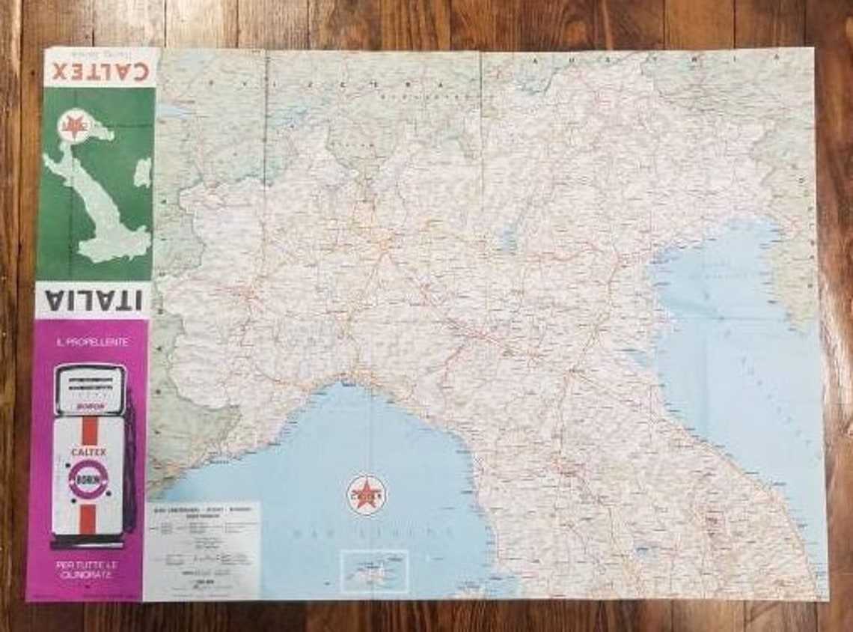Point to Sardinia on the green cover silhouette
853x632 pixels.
pyautogui.click(x=141, y=172)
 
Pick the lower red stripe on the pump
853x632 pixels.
pyautogui.click(x=88, y=520)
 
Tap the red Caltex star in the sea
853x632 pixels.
pyautogui.click(x=366, y=493)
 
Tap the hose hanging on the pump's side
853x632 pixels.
pyautogui.click(x=129, y=464)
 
